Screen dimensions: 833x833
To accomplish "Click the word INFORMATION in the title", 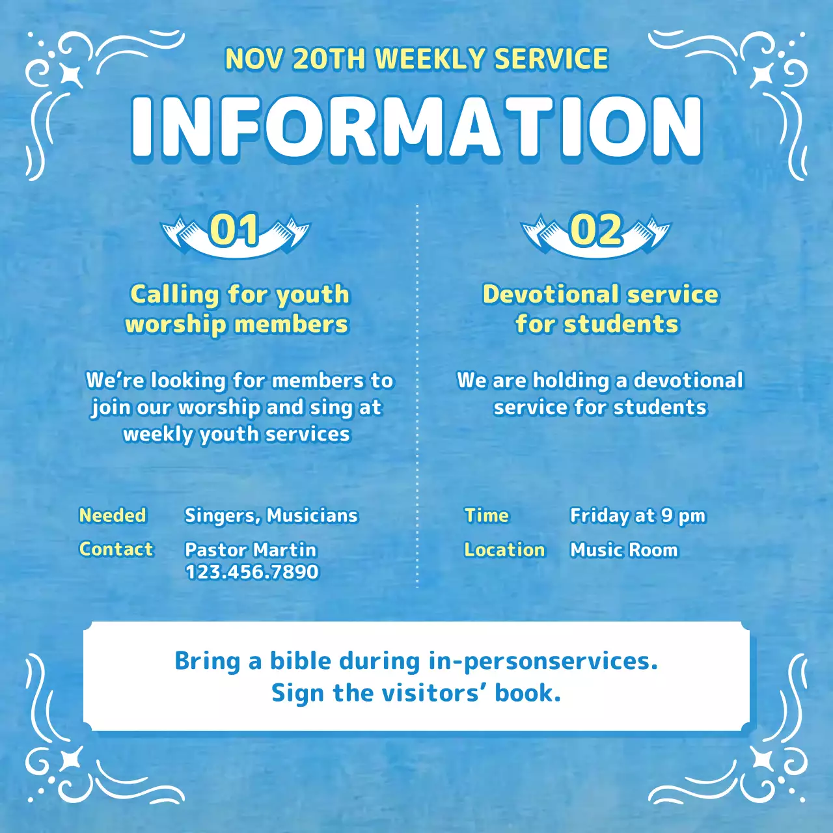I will (x=416, y=127).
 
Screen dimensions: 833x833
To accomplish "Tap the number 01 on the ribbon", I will (x=234, y=230).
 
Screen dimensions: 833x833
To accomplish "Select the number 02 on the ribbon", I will (x=595, y=230).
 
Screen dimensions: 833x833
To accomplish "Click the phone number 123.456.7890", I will (x=252, y=572).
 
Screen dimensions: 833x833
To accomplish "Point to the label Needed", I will (x=113, y=515).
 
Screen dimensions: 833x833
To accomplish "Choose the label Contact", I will (x=116, y=549).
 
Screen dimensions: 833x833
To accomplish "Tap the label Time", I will (x=487, y=515).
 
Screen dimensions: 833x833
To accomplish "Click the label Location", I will (x=504, y=550).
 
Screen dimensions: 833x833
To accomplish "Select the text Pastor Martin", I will (x=251, y=550).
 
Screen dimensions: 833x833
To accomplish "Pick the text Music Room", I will (x=624, y=550).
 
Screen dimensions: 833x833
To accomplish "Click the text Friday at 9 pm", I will (x=638, y=516).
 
